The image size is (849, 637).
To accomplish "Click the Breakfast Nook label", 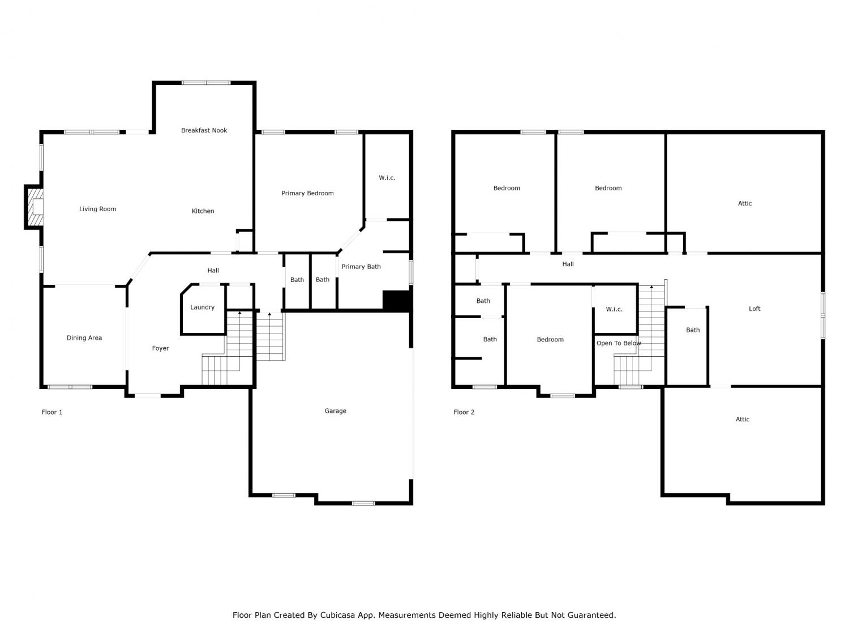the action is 204,130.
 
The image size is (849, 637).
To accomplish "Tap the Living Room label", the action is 97,209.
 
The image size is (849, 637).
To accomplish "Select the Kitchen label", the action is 203,211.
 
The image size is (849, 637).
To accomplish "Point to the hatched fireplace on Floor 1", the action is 34,207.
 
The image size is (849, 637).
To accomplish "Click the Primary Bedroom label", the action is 307,193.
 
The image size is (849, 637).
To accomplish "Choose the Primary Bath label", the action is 361,267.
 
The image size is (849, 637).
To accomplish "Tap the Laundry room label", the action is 202,307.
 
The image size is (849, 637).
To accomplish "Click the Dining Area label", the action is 84,337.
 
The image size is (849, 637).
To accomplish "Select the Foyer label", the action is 160,348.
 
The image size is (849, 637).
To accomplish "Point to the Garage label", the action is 335,411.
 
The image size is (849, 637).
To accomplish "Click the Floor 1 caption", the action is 52,412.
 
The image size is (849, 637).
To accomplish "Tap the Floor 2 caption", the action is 464,412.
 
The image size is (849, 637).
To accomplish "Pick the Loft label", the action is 754,309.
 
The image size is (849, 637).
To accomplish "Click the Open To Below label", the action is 619,343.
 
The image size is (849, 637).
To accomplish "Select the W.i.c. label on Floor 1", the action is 387,178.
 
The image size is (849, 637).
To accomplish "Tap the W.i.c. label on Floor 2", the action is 614,309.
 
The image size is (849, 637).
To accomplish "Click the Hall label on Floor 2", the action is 568,264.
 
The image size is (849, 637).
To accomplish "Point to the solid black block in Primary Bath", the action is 396,301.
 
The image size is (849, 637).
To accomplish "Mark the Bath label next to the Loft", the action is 693,330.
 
